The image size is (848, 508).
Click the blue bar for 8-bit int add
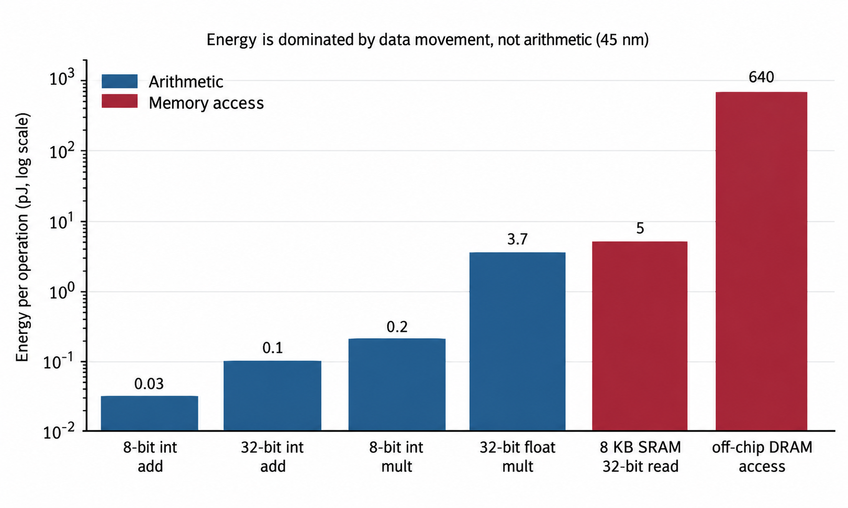[x=150, y=413]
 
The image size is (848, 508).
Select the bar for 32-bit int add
[x=272, y=396]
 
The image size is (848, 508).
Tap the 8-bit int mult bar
[x=397, y=385]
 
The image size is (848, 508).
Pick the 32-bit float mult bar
[x=518, y=341]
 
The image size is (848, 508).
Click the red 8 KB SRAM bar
[x=640, y=336]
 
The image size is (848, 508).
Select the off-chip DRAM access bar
[x=761, y=261]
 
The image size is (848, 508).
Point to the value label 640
[x=761, y=77]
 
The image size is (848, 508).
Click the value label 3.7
[x=517, y=239]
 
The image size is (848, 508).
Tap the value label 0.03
[x=149, y=383]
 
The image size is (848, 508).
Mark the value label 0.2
[x=397, y=327]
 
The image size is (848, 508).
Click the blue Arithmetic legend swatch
[x=120, y=81]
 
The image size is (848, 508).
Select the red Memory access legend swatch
[x=120, y=101]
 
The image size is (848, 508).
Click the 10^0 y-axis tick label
[x=62, y=291]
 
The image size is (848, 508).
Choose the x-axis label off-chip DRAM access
[x=762, y=457]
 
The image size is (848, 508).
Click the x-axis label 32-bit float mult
[x=518, y=457]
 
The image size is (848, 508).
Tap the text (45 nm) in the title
[x=622, y=39]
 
